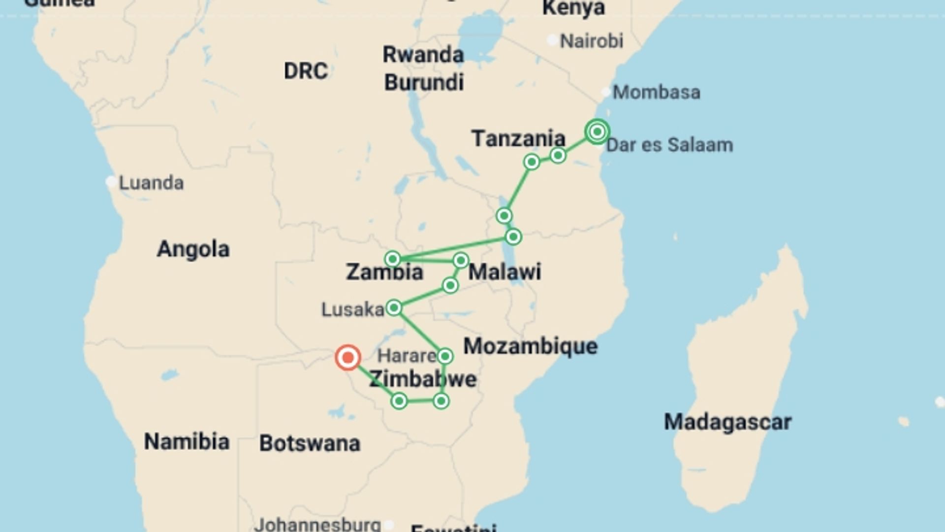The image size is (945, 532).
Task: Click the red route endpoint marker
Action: [348, 358]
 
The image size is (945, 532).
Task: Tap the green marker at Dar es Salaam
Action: [597, 132]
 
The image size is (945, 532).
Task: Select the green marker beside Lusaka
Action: [394, 308]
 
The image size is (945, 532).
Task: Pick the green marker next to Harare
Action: [445, 356]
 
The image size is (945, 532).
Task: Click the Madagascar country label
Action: [727, 422]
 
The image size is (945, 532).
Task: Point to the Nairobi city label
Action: [592, 41]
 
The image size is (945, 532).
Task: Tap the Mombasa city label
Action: [656, 92]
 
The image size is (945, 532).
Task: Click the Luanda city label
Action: [152, 183]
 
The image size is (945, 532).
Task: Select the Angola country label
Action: [193, 249]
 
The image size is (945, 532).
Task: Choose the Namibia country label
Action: [187, 441]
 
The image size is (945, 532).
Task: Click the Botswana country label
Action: [310, 443]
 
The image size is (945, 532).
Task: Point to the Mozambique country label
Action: [530, 346]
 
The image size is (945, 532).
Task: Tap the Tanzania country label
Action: [518, 138]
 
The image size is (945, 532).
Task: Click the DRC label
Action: [306, 71]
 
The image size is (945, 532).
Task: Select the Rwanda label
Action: [423, 55]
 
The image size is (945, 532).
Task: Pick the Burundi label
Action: [424, 82]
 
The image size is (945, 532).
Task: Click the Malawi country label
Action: [504, 272]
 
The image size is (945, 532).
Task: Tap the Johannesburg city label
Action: [317, 524]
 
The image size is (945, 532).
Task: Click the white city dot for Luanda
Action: [111, 182]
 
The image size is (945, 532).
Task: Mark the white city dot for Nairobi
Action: [553, 40]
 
